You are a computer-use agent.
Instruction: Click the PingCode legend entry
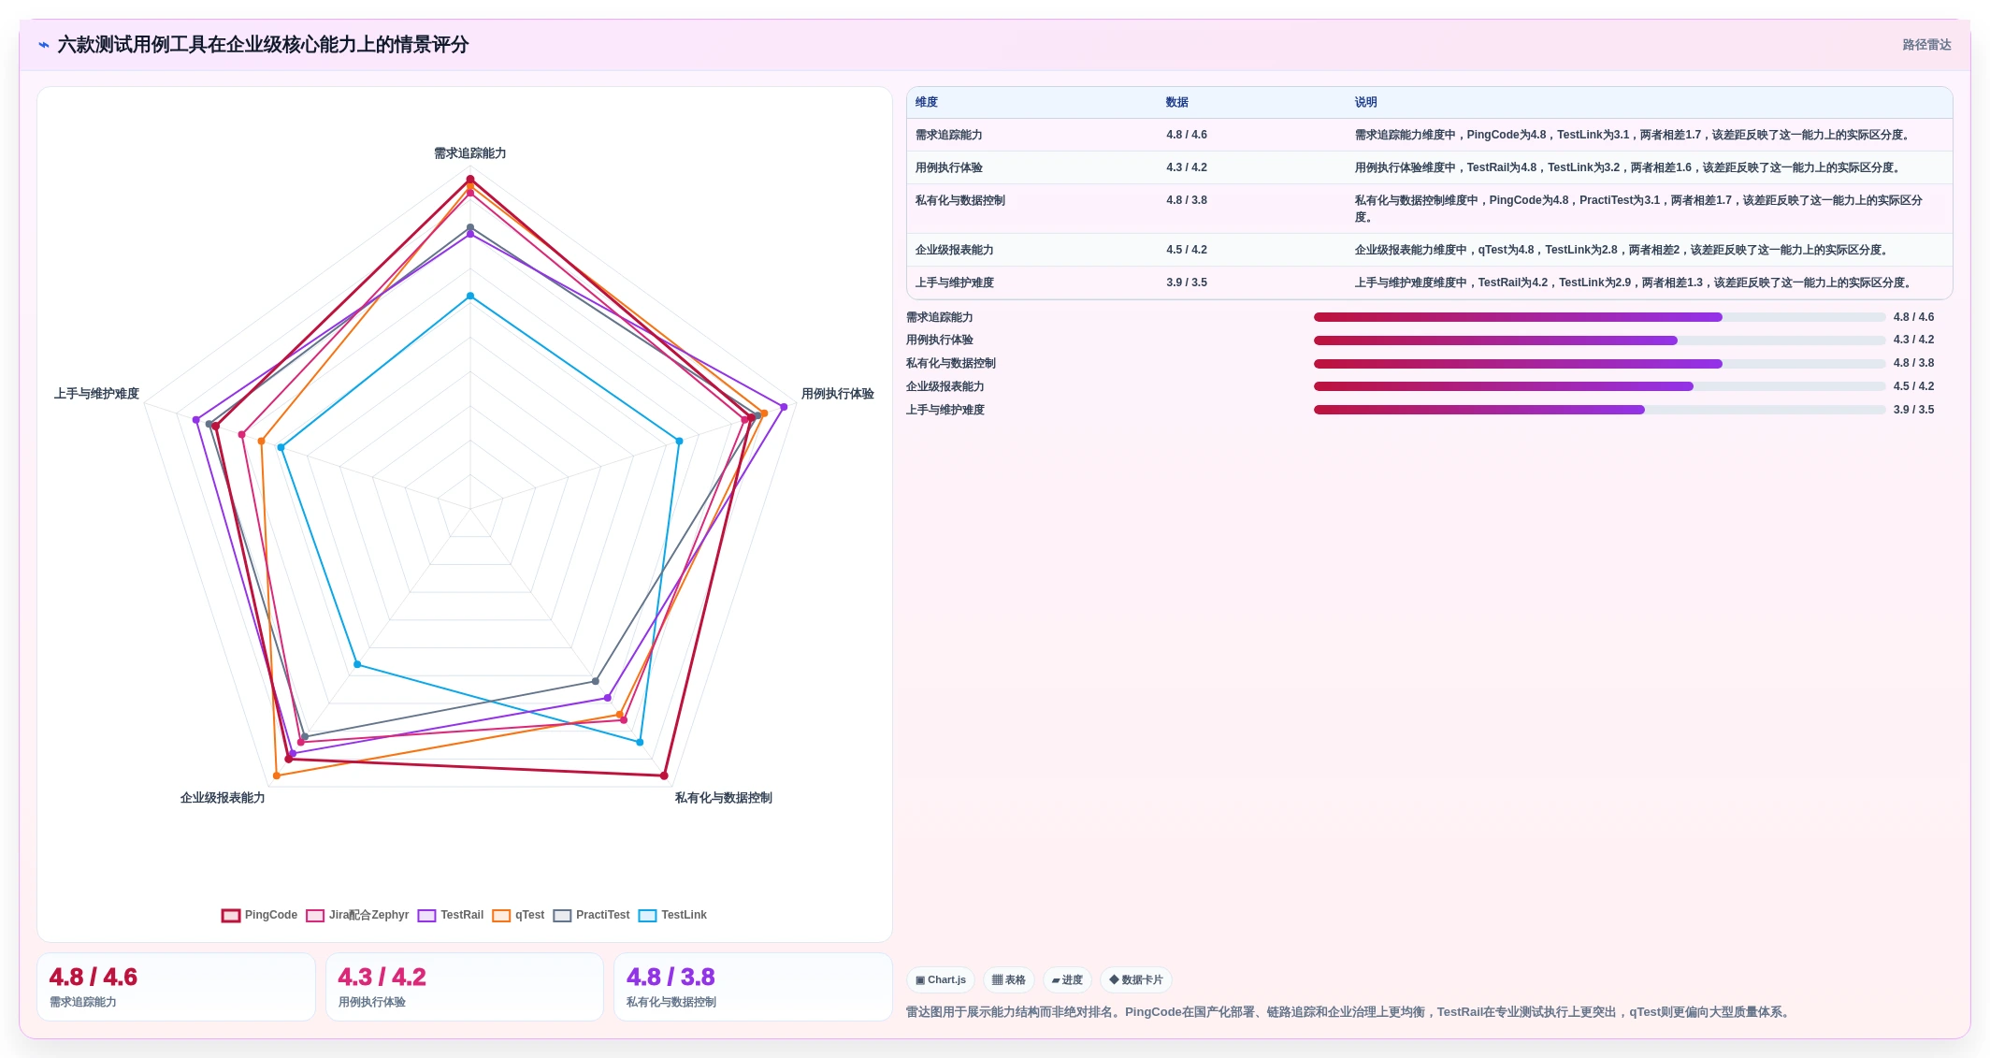tap(259, 915)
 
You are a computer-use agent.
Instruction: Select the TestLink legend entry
tap(672, 915)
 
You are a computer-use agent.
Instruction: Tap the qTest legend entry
tap(518, 915)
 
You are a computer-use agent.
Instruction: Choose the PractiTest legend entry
tap(591, 915)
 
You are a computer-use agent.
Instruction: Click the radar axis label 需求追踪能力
tap(469, 153)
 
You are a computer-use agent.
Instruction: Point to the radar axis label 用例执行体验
tap(837, 394)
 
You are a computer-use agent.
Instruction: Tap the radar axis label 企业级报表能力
tap(223, 798)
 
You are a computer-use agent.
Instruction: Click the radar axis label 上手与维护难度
tap(96, 394)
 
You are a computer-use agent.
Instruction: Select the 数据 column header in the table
tap(1176, 102)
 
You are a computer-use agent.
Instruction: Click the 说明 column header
tap(1365, 102)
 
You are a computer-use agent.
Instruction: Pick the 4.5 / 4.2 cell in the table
tap(1186, 250)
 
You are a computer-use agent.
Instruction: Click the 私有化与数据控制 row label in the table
tap(959, 200)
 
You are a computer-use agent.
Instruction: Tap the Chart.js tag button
tap(941, 979)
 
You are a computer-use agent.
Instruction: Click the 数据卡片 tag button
tap(1136, 979)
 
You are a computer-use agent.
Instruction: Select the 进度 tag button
tap(1067, 979)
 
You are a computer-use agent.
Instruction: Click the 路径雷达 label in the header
tap(1926, 45)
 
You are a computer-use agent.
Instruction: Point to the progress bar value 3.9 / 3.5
tap(1913, 410)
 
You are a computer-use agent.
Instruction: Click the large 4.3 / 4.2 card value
tap(382, 977)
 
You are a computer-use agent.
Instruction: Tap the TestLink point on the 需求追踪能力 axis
tap(470, 297)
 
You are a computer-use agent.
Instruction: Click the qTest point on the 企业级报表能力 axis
tap(276, 775)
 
